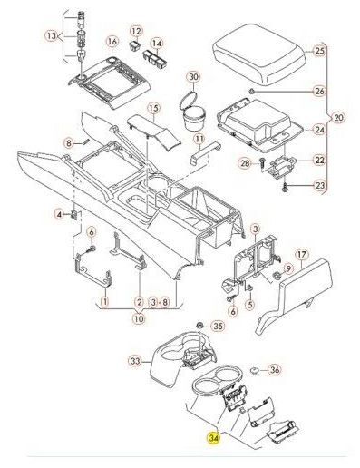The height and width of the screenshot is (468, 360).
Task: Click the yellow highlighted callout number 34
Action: [x=213, y=438]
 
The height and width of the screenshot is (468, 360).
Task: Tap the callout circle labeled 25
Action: [x=319, y=51]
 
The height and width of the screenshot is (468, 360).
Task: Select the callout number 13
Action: [x=52, y=36]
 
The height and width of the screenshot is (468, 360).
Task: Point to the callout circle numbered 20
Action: [x=338, y=117]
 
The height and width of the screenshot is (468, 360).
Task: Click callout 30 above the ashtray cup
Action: [x=194, y=77]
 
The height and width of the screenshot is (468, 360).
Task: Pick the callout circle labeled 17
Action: [x=302, y=255]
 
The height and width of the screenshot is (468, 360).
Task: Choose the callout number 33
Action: [x=136, y=361]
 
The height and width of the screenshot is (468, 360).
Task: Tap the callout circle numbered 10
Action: [x=139, y=318]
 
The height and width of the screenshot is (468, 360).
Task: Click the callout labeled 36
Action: [x=274, y=370]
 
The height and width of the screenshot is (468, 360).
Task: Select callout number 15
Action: [x=154, y=108]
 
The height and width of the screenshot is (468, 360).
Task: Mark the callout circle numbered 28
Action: [x=245, y=163]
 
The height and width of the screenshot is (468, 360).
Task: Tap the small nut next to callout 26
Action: [x=250, y=91]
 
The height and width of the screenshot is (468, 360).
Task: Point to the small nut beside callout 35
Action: [x=199, y=326]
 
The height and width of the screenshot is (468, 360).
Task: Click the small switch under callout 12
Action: [x=133, y=45]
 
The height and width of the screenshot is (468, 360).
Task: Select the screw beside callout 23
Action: [x=285, y=189]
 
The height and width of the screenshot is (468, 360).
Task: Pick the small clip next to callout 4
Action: [x=74, y=215]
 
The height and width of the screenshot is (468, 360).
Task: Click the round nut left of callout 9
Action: [x=276, y=276]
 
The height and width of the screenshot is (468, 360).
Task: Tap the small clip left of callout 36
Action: [x=255, y=369]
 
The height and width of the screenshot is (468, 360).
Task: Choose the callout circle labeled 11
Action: [x=199, y=140]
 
